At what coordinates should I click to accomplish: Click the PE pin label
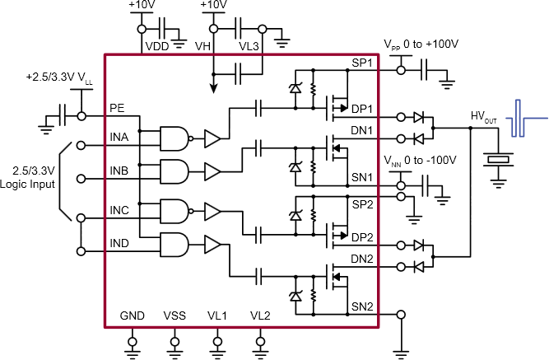[x=117, y=107]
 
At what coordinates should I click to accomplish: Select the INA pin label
[x=119, y=138]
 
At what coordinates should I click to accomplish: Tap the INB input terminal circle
[x=81, y=177]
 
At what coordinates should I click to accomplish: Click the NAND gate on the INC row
[x=175, y=211]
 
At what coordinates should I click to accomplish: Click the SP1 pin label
[x=362, y=63]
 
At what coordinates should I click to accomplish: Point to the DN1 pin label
[x=362, y=130]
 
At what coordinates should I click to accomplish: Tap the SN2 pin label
[x=362, y=306]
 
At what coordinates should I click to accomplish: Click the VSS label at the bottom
[x=174, y=316]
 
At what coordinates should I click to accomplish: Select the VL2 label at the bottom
[x=260, y=316]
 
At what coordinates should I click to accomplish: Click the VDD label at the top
[x=156, y=46]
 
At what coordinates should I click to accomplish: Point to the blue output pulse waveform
[x=521, y=119]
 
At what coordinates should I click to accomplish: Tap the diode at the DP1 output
[x=418, y=117]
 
